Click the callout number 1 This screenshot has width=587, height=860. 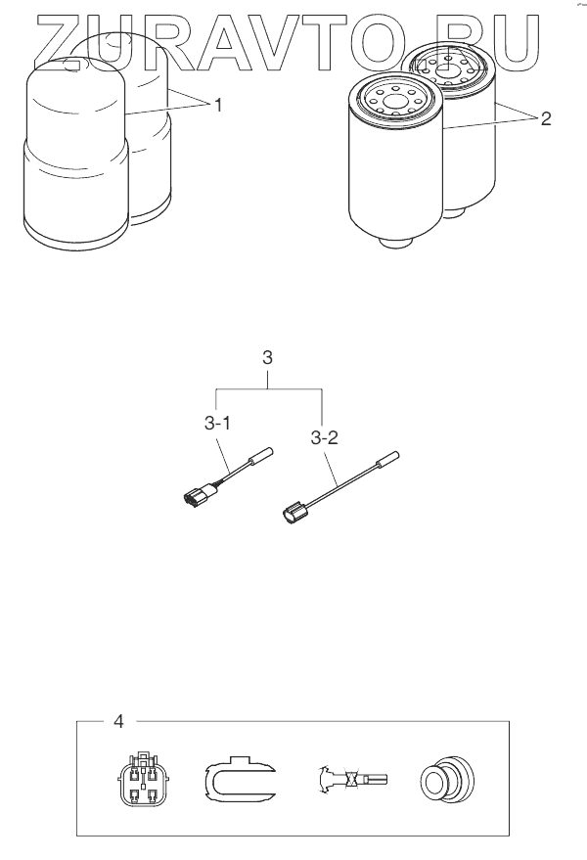pos(218,105)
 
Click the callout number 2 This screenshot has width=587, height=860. pos(545,118)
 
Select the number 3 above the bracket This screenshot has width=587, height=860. pos(267,358)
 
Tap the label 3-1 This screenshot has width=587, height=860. pos(216,424)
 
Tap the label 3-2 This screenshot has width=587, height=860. pos(324,438)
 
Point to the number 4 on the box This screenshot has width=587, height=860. pos(118,721)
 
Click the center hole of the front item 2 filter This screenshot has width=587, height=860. pos(395,102)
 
